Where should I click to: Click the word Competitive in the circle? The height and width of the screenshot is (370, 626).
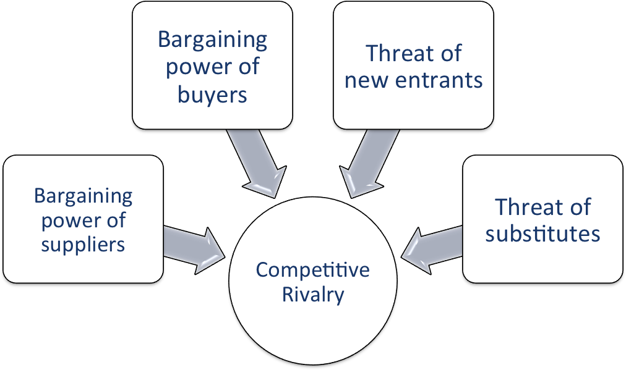click(x=312, y=271)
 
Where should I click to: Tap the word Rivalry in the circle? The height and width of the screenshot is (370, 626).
click(x=312, y=294)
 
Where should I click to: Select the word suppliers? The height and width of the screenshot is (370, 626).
click(x=83, y=244)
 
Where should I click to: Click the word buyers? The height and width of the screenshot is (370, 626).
click(x=212, y=95)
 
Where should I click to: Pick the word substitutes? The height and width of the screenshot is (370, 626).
click(x=542, y=233)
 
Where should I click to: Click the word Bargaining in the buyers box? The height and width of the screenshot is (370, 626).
click(x=212, y=40)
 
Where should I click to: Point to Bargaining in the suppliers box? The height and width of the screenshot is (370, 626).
click(x=83, y=196)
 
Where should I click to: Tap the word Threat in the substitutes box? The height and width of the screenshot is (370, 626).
click(x=523, y=207)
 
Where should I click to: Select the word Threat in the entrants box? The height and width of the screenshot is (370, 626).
click(x=395, y=54)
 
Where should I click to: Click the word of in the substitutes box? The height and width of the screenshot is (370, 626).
click(x=580, y=207)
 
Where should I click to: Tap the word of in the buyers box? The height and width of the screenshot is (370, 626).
click(x=249, y=66)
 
